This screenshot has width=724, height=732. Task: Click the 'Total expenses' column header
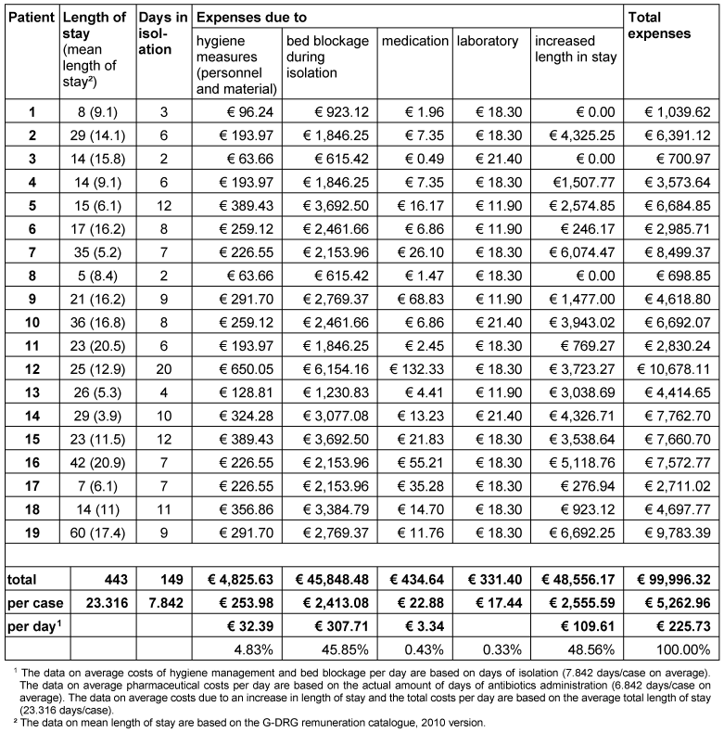(x=659, y=26)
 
